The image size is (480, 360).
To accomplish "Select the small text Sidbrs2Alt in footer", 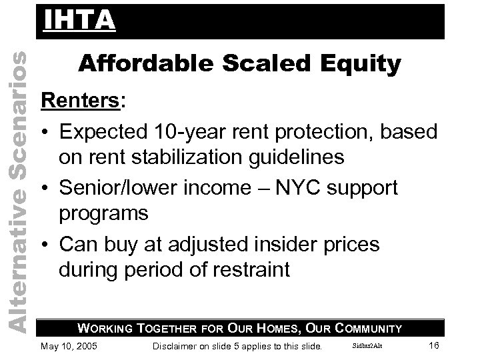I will (x=367, y=345).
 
